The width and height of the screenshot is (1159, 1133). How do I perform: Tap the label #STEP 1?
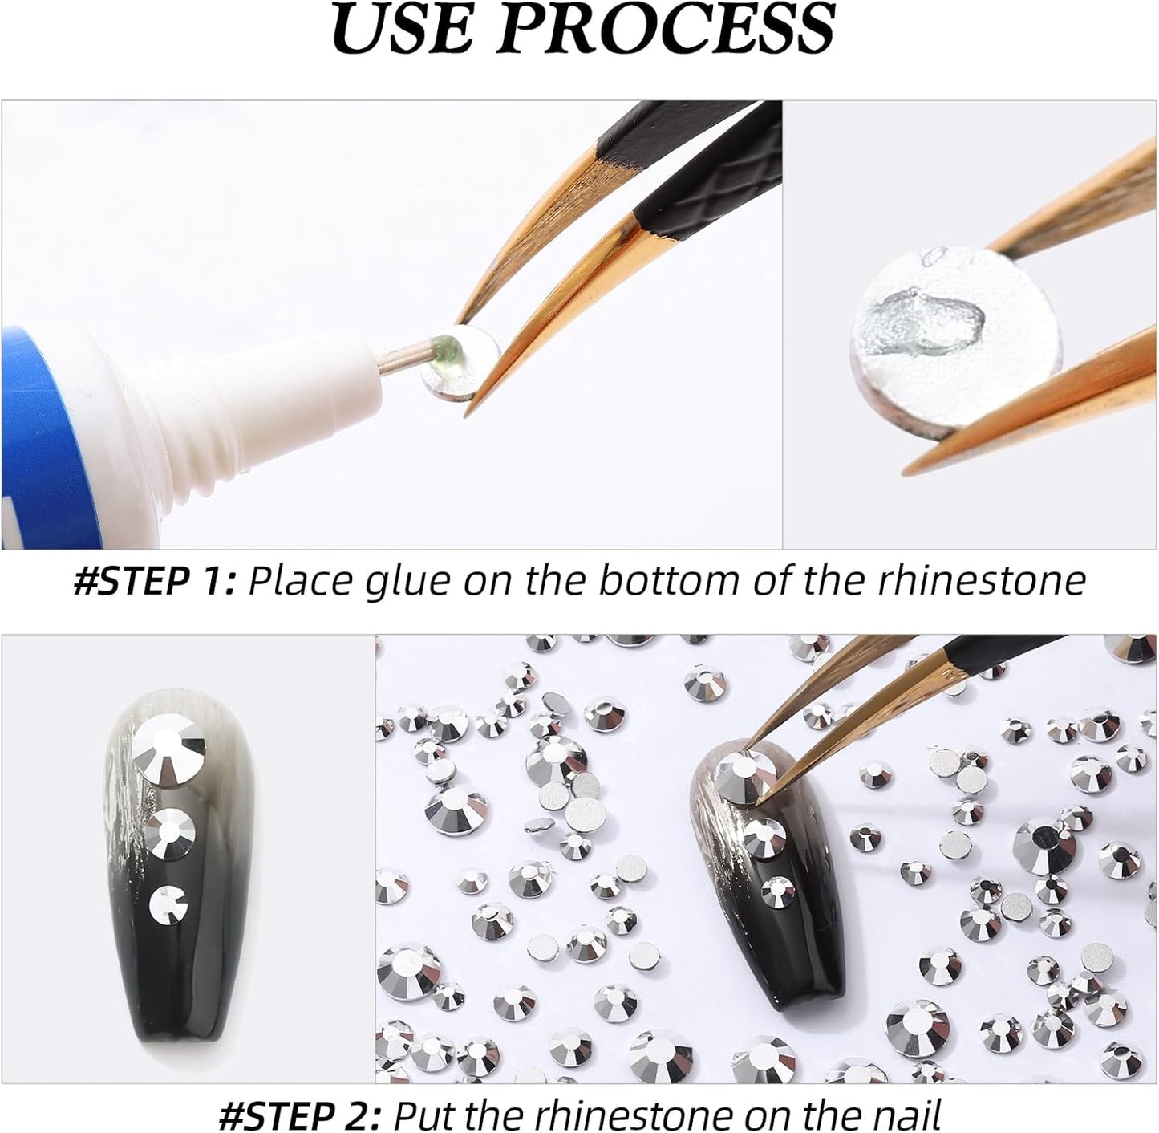click(x=153, y=580)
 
